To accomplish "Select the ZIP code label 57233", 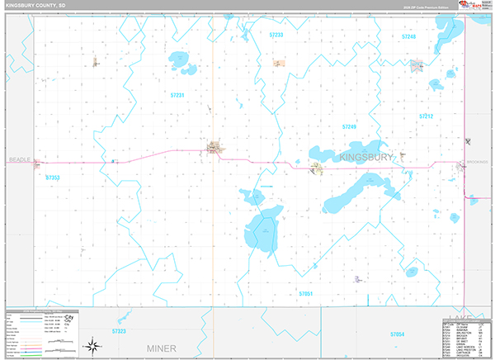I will pos(276,36).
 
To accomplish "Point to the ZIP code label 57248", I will pos(409,37).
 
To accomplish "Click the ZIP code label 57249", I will pos(349,126).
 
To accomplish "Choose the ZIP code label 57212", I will pos(426,116).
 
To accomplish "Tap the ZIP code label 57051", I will pos(305,294).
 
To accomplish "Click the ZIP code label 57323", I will pos(118,331).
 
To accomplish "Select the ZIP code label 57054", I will pos(398,334).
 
